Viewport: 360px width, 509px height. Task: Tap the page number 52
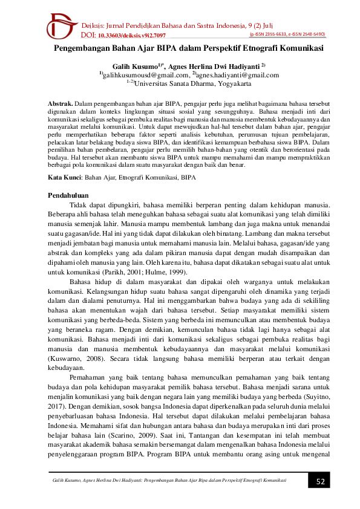321,481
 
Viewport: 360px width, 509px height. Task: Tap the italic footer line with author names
169,481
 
